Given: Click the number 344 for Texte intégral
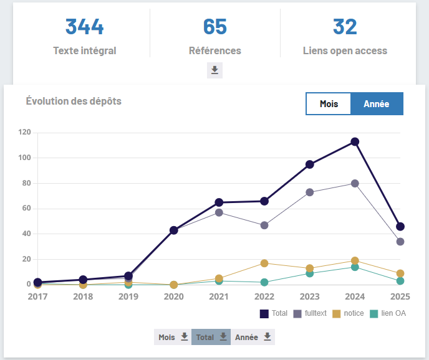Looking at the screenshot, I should (85, 27).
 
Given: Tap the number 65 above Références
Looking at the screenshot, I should (214, 27).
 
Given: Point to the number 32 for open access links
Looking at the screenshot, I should (345, 27).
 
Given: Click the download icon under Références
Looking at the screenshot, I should (214, 70).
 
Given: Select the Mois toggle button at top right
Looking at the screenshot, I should (329, 104).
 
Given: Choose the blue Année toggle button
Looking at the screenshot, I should (377, 104).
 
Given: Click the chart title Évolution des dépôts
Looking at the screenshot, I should (74, 100).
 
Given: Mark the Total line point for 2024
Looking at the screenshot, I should (355, 142).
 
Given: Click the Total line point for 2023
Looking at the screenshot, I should (309, 164).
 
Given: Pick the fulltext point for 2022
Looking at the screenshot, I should (264, 225).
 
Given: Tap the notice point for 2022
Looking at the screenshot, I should (264, 263).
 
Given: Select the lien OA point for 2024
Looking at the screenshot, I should (355, 267).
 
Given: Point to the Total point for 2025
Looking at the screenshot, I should (400, 227).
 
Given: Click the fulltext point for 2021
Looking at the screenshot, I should (219, 212).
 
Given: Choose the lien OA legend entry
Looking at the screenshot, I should (388, 313).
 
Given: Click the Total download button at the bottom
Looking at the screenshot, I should (211, 337).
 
